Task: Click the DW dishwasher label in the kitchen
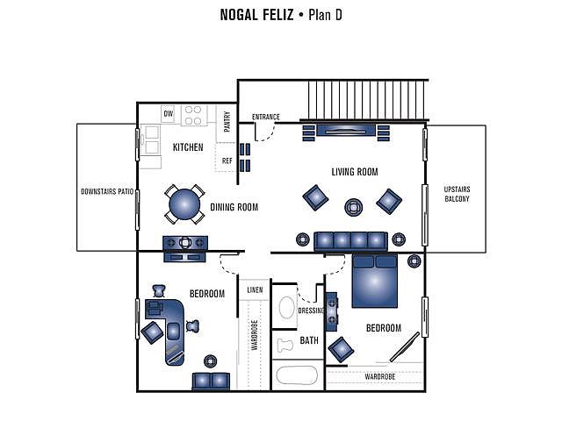168,114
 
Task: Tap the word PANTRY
227,121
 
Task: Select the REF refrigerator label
227,161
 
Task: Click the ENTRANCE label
265,117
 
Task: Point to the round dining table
184,204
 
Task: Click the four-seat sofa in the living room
350,241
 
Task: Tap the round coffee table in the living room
353,207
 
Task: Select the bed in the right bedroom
375,281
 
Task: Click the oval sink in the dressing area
286,307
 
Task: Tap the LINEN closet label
255,290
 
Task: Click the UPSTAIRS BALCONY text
457,194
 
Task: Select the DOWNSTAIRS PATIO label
107,191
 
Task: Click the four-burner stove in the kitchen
193,115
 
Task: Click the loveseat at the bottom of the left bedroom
211,382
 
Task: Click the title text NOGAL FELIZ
256,15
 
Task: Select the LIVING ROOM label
355,172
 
